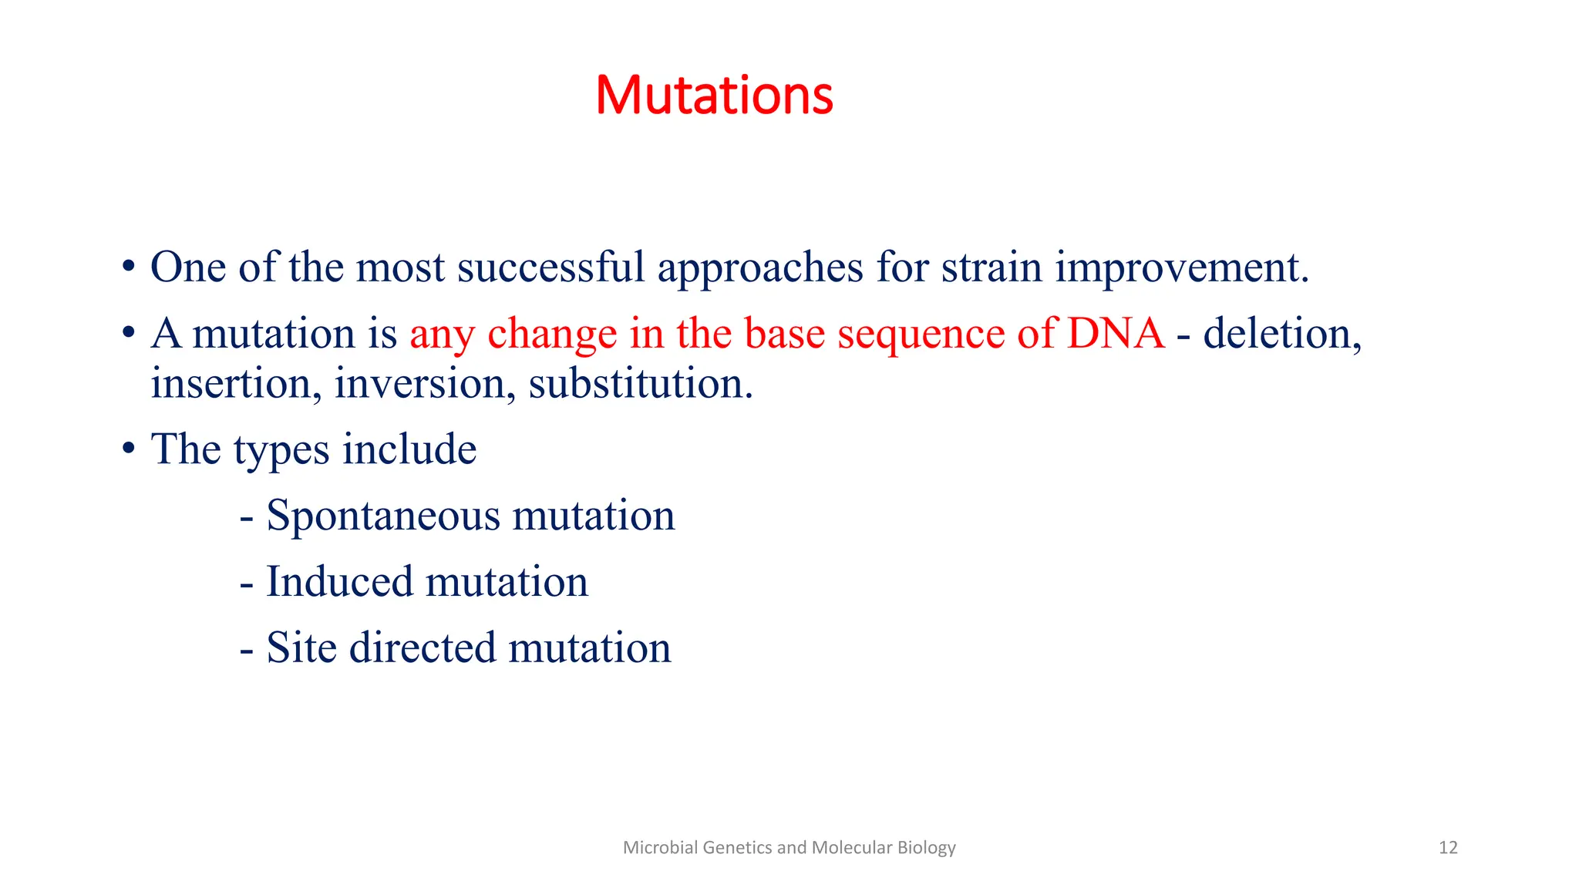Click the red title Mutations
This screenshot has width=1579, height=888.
(x=714, y=96)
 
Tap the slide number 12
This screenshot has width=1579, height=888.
(x=1448, y=848)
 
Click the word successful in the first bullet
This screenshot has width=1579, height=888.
(x=550, y=267)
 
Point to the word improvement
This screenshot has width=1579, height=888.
(x=1181, y=267)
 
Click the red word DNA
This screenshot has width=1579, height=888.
(x=1116, y=334)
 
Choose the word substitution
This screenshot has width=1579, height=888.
(x=640, y=384)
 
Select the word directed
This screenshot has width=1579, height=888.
(x=422, y=647)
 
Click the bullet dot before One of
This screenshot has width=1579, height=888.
(x=129, y=268)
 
